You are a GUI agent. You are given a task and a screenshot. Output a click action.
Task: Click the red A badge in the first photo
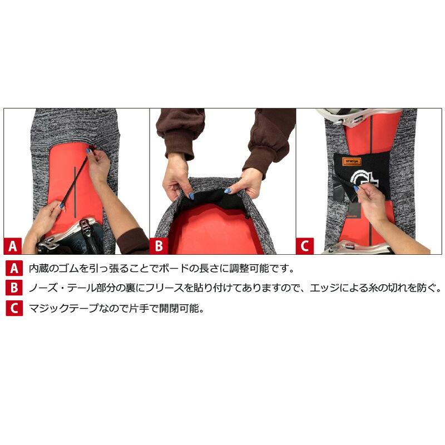[14, 245]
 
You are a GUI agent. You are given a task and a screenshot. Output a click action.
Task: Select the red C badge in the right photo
[305, 245]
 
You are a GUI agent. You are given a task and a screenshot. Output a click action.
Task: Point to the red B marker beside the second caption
[14, 288]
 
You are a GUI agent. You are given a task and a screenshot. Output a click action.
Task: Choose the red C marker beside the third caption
[14, 308]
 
